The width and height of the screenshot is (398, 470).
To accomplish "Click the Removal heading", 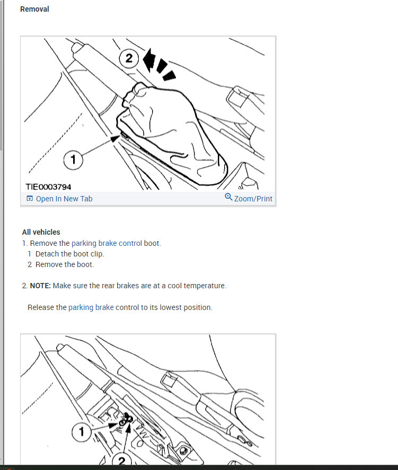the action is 34,10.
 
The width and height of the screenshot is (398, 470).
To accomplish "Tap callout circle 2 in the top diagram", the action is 129,58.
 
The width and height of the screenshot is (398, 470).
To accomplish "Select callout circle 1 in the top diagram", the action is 73,159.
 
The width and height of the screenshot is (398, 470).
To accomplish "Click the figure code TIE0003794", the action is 48,187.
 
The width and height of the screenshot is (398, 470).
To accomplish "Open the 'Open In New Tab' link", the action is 64,199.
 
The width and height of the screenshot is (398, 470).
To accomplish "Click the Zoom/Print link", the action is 253,199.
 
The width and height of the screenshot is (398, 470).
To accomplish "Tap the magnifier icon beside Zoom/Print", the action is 228,197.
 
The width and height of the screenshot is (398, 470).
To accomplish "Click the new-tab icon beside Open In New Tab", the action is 30,198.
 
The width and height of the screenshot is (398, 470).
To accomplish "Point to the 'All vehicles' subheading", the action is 41,232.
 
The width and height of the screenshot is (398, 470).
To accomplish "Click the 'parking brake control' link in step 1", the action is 107,243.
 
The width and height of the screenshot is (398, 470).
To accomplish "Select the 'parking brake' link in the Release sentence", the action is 91,307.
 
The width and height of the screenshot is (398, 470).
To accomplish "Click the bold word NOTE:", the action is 40,286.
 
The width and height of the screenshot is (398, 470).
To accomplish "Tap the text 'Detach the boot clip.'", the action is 69,254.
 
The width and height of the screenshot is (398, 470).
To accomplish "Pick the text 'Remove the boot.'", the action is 65,264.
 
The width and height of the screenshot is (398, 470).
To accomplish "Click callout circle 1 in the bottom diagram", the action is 82,432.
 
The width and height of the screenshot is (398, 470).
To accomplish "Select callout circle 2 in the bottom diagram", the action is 121,460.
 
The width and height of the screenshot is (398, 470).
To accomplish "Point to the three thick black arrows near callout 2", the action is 158,65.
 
